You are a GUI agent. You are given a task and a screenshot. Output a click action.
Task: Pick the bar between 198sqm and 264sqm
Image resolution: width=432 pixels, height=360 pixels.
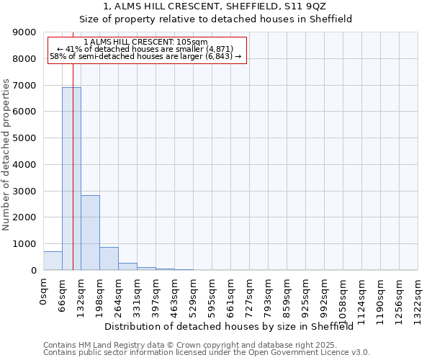click(x=109, y=258)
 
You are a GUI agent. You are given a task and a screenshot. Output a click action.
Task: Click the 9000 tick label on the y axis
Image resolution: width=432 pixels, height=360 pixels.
click(x=24, y=32)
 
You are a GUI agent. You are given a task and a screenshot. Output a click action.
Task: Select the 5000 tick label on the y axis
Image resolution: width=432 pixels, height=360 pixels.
click(x=24, y=138)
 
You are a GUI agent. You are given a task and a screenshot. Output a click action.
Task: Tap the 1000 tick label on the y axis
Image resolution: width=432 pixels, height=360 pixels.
click(x=24, y=244)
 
